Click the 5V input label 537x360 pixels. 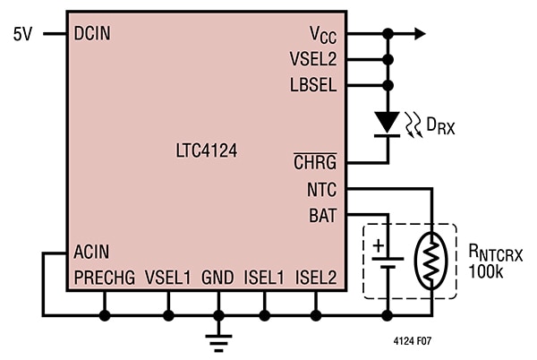[23, 33]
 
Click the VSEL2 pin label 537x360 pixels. [313, 60]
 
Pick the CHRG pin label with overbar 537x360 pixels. [315, 163]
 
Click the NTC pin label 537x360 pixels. [320, 190]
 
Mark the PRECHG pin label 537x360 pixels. [105, 279]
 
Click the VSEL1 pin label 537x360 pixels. [168, 279]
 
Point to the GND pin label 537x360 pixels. [218, 279]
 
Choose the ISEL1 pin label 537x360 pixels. [264, 279]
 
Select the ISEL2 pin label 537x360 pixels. [315, 279]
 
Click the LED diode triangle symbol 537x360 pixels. [388, 120]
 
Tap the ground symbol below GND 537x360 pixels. [218, 339]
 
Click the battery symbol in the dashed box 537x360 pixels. [388, 259]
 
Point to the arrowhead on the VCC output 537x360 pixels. [419, 34]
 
